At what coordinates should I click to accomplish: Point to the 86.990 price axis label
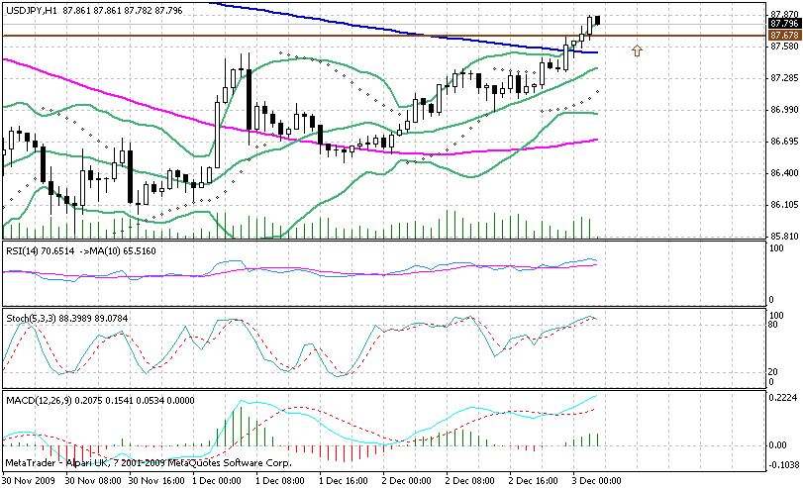(x=783, y=109)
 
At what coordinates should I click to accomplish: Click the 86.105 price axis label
(x=783, y=205)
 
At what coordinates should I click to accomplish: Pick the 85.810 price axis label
(x=783, y=237)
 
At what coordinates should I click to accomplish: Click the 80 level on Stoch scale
(x=776, y=324)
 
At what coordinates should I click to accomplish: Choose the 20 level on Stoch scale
(x=776, y=372)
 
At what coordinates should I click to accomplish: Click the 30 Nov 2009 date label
(x=29, y=481)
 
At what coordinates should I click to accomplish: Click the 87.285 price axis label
(x=783, y=77)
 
